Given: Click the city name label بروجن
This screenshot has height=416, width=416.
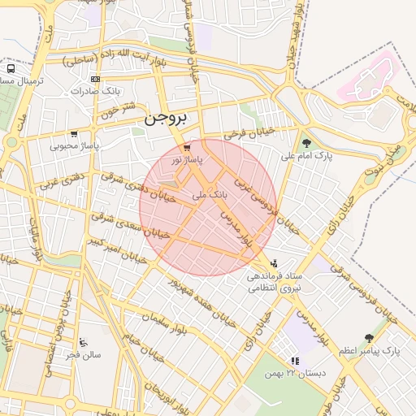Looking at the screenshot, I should click(166, 119).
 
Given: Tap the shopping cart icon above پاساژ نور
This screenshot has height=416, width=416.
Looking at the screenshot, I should click(188, 149).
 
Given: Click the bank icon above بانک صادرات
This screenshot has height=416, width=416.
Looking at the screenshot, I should click(96, 79).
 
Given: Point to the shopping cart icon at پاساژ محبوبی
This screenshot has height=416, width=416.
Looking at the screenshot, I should click(74, 134).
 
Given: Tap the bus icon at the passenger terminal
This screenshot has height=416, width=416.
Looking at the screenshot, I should click(11, 69).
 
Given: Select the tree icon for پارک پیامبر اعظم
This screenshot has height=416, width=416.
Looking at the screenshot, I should click(370, 338).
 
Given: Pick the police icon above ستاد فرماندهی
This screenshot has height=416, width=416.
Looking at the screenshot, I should click(275, 263).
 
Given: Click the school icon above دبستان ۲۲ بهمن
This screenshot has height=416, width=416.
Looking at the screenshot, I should click(295, 360).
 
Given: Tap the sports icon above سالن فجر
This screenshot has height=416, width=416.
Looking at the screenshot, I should click(84, 342).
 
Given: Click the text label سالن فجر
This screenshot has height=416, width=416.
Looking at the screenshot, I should click(84, 355).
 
